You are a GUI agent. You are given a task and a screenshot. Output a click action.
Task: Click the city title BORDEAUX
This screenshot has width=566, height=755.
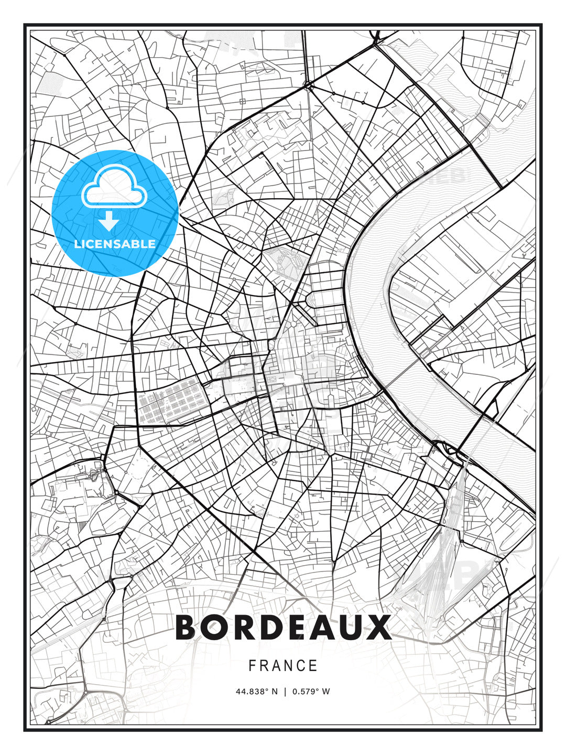click(x=283, y=627)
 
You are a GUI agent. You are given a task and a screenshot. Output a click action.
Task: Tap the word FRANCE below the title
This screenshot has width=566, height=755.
click(x=283, y=666)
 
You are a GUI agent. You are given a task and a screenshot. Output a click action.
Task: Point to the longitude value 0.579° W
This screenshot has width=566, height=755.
click(x=311, y=692)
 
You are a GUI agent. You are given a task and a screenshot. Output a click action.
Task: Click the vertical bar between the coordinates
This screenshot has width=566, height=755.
click(x=285, y=692)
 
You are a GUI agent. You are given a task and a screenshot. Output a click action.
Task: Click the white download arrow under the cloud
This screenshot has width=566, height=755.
click(x=109, y=221)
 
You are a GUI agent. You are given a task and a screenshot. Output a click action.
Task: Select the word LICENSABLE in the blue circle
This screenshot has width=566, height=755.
click(x=115, y=244)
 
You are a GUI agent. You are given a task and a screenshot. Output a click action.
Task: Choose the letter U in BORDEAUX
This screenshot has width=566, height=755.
click(x=351, y=627)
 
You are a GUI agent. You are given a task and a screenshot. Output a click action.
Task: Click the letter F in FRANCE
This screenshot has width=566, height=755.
click(x=252, y=666)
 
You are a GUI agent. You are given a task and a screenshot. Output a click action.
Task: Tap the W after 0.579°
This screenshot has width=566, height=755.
click(x=326, y=692)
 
